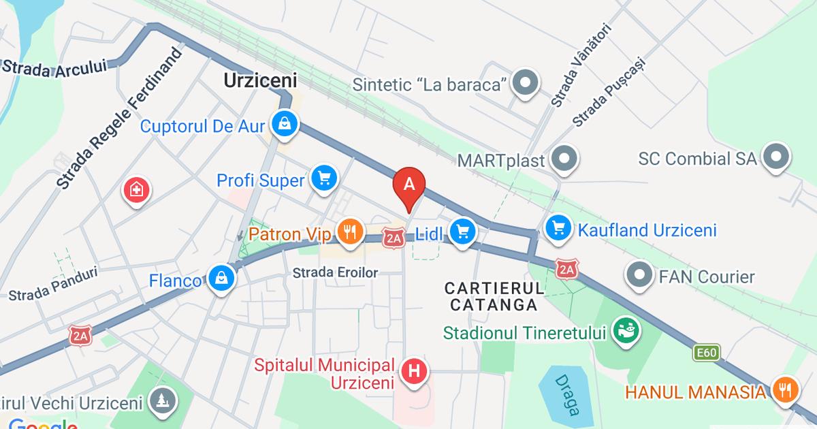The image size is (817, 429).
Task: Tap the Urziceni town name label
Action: (260, 80)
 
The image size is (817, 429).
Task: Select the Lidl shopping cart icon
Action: (464, 232)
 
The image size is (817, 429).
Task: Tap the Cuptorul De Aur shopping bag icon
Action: (282, 124)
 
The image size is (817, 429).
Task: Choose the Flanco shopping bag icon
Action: (222, 278)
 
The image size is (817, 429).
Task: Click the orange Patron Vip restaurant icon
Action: (349, 232)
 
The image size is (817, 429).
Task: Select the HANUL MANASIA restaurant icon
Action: (786, 390)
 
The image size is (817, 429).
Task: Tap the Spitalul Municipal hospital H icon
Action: (414, 372)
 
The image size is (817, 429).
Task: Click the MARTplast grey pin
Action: (564, 159)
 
